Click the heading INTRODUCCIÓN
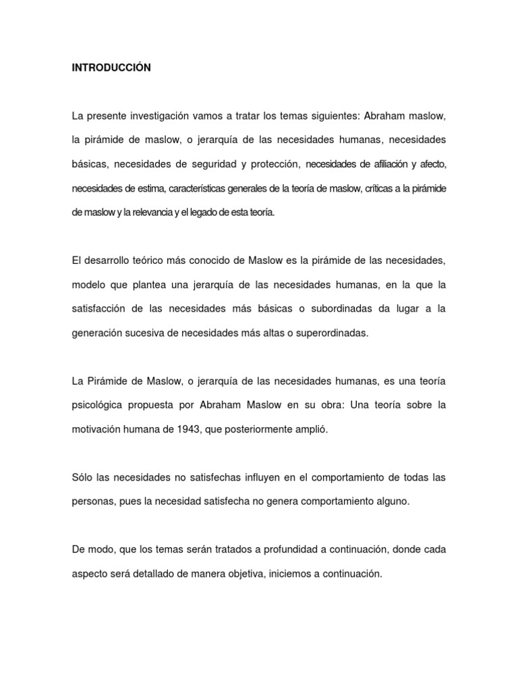111,68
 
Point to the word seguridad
223,164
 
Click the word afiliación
383,164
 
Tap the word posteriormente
259,429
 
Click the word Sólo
82,478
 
